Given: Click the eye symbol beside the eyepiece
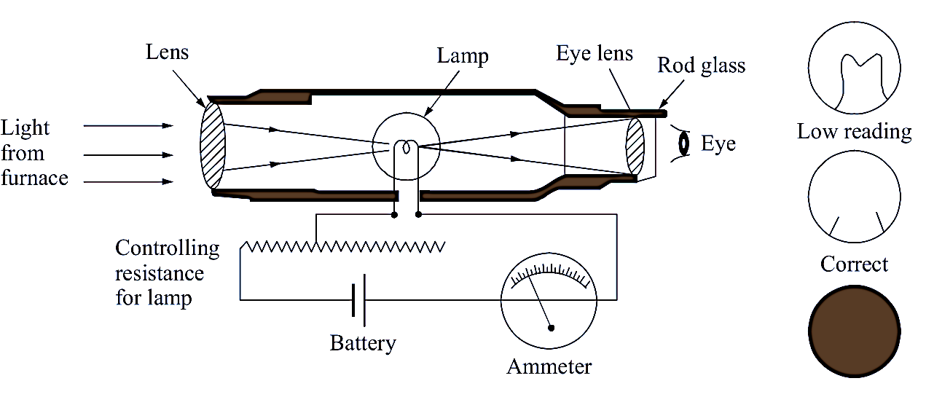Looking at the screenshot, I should coord(683,144).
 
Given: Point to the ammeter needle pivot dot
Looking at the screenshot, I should coord(552,328).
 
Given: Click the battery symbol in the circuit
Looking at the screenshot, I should coord(358,299).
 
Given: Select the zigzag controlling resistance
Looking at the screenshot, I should coord(342,246).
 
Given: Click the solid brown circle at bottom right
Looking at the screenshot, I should coord(854,329).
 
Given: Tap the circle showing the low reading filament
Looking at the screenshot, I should coord(854,68).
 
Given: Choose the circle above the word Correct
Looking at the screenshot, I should coord(854,198).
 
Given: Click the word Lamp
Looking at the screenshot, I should coord(463,56).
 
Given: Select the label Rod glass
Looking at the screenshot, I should coord(701,66).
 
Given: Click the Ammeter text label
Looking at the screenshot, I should coord(549,366).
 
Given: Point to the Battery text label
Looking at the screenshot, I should coord(363,343).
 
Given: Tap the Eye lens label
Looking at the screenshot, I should coord(595,54).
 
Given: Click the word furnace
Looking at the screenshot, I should coord(34,178).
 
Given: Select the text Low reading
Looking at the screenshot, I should coord(854,132).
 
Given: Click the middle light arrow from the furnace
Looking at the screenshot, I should coord(128,155).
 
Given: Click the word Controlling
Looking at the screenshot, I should coord(167,248).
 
